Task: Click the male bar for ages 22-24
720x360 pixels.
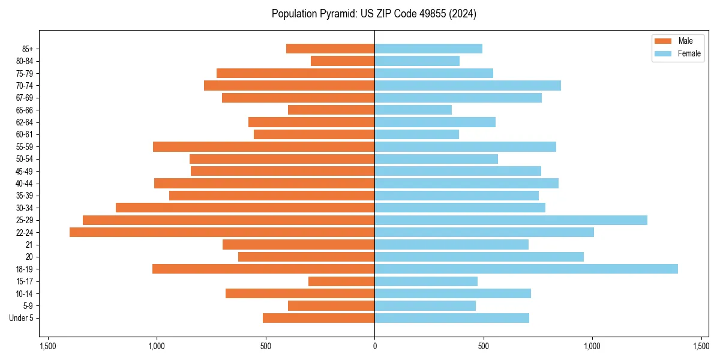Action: point(222,232)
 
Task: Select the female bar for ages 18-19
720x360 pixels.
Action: point(526,269)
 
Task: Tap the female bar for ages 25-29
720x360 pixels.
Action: point(511,220)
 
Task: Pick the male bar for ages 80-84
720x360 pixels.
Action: point(343,61)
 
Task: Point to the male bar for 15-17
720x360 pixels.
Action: point(341,281)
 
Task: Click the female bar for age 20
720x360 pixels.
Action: point(479,257)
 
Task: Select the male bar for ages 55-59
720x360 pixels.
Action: point(264,146)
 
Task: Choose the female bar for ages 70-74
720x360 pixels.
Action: point(467,85)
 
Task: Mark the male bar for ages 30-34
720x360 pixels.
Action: point(245,208)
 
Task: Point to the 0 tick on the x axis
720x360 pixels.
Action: point(374,346)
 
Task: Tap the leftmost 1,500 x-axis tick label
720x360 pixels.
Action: point(48,346)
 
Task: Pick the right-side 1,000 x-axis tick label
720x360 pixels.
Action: point(592,346)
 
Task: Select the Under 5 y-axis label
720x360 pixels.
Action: point(21,318)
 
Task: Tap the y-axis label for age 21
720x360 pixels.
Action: point(29,245)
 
